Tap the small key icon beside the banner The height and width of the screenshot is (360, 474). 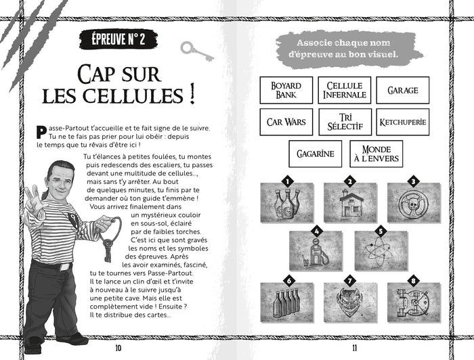196,49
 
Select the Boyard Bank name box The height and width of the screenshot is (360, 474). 286,90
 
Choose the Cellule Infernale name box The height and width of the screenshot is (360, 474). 345,90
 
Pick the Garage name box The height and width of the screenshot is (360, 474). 402,90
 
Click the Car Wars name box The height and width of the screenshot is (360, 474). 286,122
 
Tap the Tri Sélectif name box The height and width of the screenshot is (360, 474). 345,122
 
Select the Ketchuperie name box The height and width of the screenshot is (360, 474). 402,122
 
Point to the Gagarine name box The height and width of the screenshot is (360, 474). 316,154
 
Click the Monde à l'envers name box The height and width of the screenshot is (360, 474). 376,154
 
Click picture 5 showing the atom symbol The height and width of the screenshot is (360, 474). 381,251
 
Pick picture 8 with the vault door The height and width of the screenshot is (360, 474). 413,302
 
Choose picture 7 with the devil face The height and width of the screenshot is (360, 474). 350,302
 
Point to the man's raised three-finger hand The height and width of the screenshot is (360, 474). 31,197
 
